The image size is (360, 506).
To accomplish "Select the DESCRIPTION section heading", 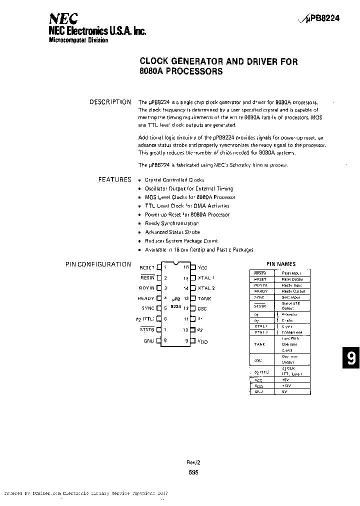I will [110, 102].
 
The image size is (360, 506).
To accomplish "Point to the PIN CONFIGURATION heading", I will [98, 264].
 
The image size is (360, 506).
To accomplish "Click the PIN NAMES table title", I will [280, 264].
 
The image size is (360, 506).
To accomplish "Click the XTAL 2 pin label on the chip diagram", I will [206, 288].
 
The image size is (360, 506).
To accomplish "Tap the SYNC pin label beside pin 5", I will [147, 308].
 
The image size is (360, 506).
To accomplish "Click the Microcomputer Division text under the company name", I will [78, 40].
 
